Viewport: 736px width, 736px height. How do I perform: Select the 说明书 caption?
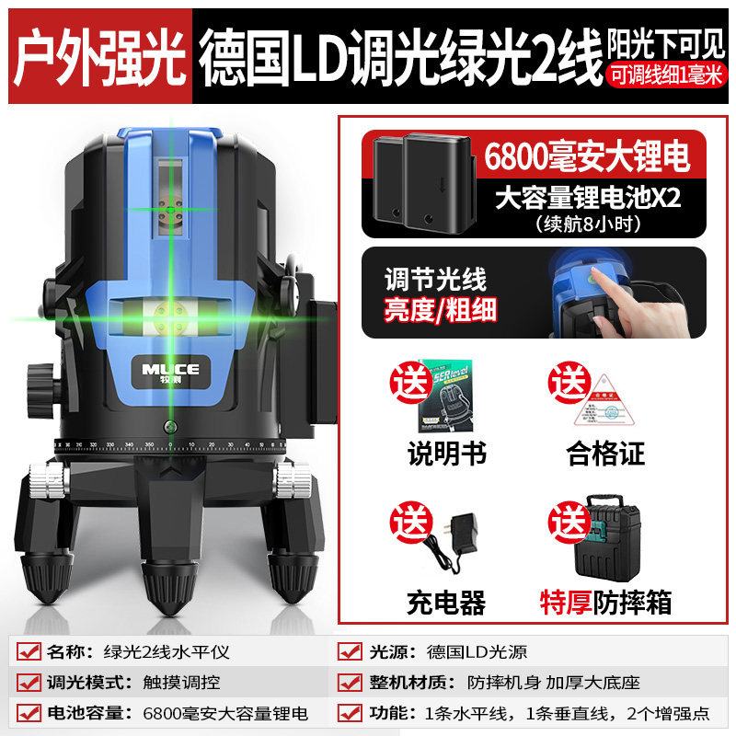point(446,453)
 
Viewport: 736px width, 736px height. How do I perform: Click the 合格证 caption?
point(604,453)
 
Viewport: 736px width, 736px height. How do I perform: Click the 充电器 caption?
point(446,603)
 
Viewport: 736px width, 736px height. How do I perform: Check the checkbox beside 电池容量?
point(29,713)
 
